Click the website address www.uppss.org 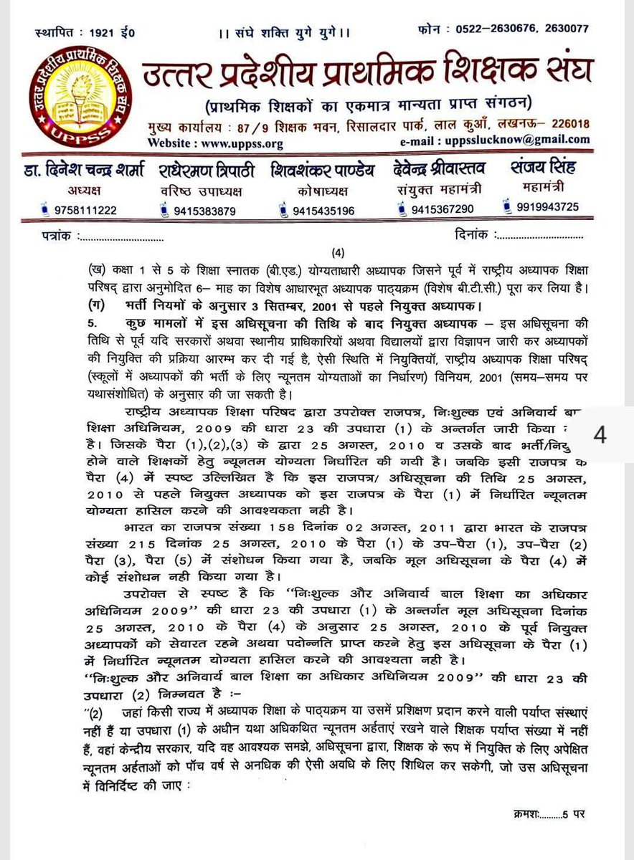click(236, 143)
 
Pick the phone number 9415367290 click(441, 209)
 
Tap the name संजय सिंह click(544, 168)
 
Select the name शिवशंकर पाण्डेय click(321, 171)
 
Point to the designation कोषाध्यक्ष click(321, 191)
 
